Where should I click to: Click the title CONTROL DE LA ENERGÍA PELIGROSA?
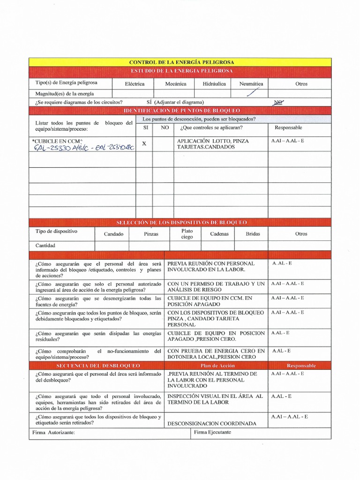click(181, 62)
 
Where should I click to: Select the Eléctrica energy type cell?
click(135, 84)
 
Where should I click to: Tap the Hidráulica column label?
click(214, 84)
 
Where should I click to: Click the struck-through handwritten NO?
click(279, 102)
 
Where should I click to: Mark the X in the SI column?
click(144, 144)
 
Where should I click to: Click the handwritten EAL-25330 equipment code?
click(59, 148)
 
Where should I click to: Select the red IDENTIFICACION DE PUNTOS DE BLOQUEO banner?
click(181, 110)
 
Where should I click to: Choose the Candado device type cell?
click(113, 233)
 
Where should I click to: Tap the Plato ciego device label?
click(187, 234)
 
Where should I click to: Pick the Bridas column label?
click(253, 233)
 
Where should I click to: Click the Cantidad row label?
click(45, 245)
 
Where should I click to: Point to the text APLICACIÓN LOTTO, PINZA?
click(213, 141)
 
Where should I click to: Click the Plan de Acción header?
click(216, 365)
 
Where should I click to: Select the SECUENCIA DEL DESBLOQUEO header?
click(98, 365)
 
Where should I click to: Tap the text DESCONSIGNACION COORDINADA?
click(212, 423)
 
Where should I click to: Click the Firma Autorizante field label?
click(54, 432)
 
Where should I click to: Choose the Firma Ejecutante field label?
click(212, 432)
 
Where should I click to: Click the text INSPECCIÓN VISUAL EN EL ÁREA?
click(215, 396)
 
